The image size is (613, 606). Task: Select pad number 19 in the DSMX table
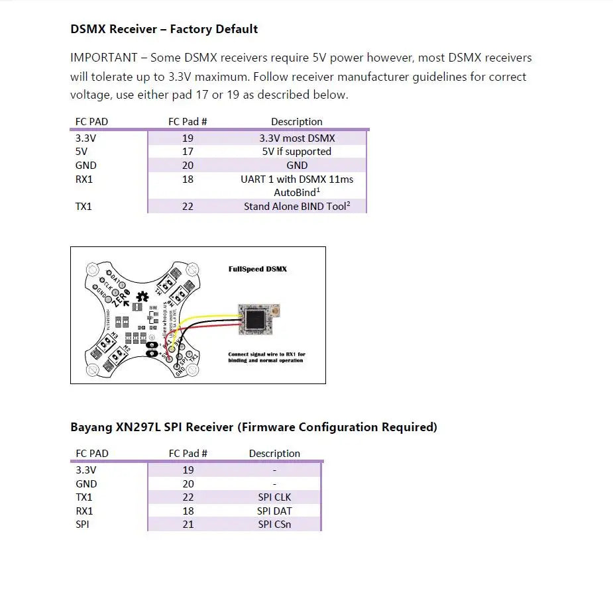(x=188, y=138)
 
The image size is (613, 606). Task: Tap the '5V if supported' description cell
(x=296, y=152)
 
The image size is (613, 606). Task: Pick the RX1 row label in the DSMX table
(x=84, y=179)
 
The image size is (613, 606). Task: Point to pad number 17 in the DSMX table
(x=188, y=152)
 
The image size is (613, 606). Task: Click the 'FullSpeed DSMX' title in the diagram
(x=258, y=270)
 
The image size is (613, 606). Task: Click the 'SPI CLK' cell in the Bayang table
(x=274, y=497)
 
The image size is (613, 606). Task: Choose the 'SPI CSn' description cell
(x=274, y=525)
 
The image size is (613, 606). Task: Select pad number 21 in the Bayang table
(x=188, y=525)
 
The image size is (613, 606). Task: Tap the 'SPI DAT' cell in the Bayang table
(x=274, y=511)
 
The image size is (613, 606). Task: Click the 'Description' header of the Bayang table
(x=274, y=454)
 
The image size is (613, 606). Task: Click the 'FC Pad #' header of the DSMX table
(x=188, y=122)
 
